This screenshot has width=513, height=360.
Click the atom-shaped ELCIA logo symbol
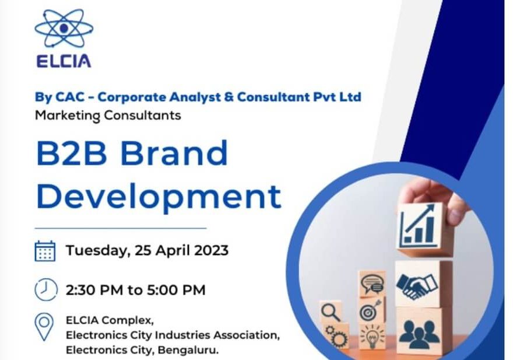coord(64,29)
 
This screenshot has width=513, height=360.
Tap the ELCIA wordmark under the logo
coord(64,61)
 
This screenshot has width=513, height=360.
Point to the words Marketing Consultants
coord(108,116)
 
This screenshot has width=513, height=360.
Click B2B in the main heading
coord(72,153)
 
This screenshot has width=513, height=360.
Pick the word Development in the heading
coord(159,197)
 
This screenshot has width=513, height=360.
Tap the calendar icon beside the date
coord(45,251)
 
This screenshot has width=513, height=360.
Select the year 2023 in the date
coord(212,250)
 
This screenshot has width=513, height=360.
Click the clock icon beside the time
coord(46,290)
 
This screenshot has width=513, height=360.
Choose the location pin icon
coord(44,327)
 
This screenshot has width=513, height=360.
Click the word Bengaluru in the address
coord(188,350)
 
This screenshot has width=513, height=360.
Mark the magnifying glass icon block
coord(331,312)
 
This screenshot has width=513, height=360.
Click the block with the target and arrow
coord(373,310)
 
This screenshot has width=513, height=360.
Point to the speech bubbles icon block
coord(372,284)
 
